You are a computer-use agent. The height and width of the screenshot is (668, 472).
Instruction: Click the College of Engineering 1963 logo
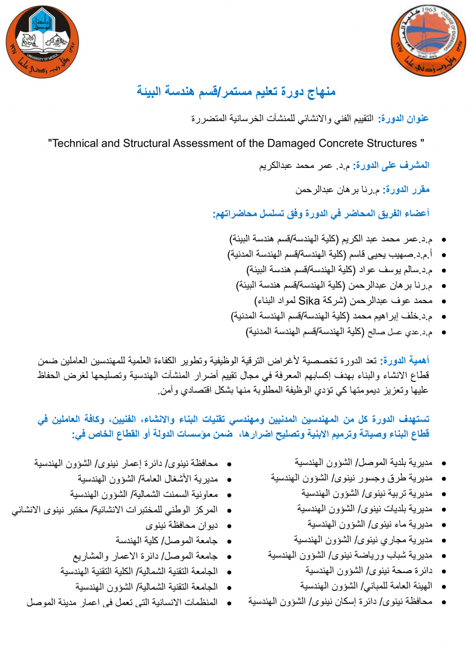coord(428,41)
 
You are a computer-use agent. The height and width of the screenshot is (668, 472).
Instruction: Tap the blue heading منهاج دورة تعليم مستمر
coord(236,91)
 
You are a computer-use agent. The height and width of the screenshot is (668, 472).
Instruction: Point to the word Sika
coord(309,301)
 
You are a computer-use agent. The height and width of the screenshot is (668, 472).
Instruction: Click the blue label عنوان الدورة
coord(403,119)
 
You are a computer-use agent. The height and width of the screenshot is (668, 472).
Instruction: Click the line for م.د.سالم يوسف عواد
coord(339,270)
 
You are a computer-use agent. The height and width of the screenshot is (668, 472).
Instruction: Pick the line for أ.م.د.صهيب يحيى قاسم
coord(330,254)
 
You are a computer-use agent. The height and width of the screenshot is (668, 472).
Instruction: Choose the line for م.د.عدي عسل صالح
coord(339,332)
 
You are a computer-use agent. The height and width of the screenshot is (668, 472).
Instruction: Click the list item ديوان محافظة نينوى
coord(182,525)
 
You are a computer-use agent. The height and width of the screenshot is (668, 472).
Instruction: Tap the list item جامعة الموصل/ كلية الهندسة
coord(166,540)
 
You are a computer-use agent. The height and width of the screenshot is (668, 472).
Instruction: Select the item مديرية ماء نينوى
coord(370,524)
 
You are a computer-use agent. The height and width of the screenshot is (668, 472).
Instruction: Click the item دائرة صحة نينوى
coord(369,571)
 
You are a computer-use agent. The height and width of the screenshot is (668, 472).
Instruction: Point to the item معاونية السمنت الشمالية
coord(144,494)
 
